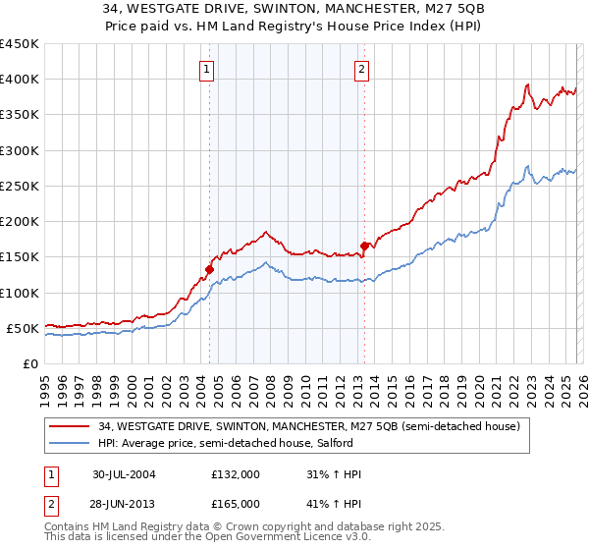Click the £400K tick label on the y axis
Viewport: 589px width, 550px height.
coord(20,80)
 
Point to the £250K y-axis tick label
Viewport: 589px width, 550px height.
coord(20,186)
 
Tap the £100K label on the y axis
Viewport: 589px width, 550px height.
coord(20,293)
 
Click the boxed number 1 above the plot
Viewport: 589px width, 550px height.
coord(209,69)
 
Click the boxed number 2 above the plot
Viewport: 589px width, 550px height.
coord(362,69)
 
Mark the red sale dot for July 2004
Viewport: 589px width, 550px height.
coord(210,269)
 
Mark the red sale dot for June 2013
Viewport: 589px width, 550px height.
coord(364,246)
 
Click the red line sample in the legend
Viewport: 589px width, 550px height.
coord(71,426)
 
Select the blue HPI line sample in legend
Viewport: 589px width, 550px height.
coord(71,444)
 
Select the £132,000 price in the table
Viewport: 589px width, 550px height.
coord(236,474)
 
